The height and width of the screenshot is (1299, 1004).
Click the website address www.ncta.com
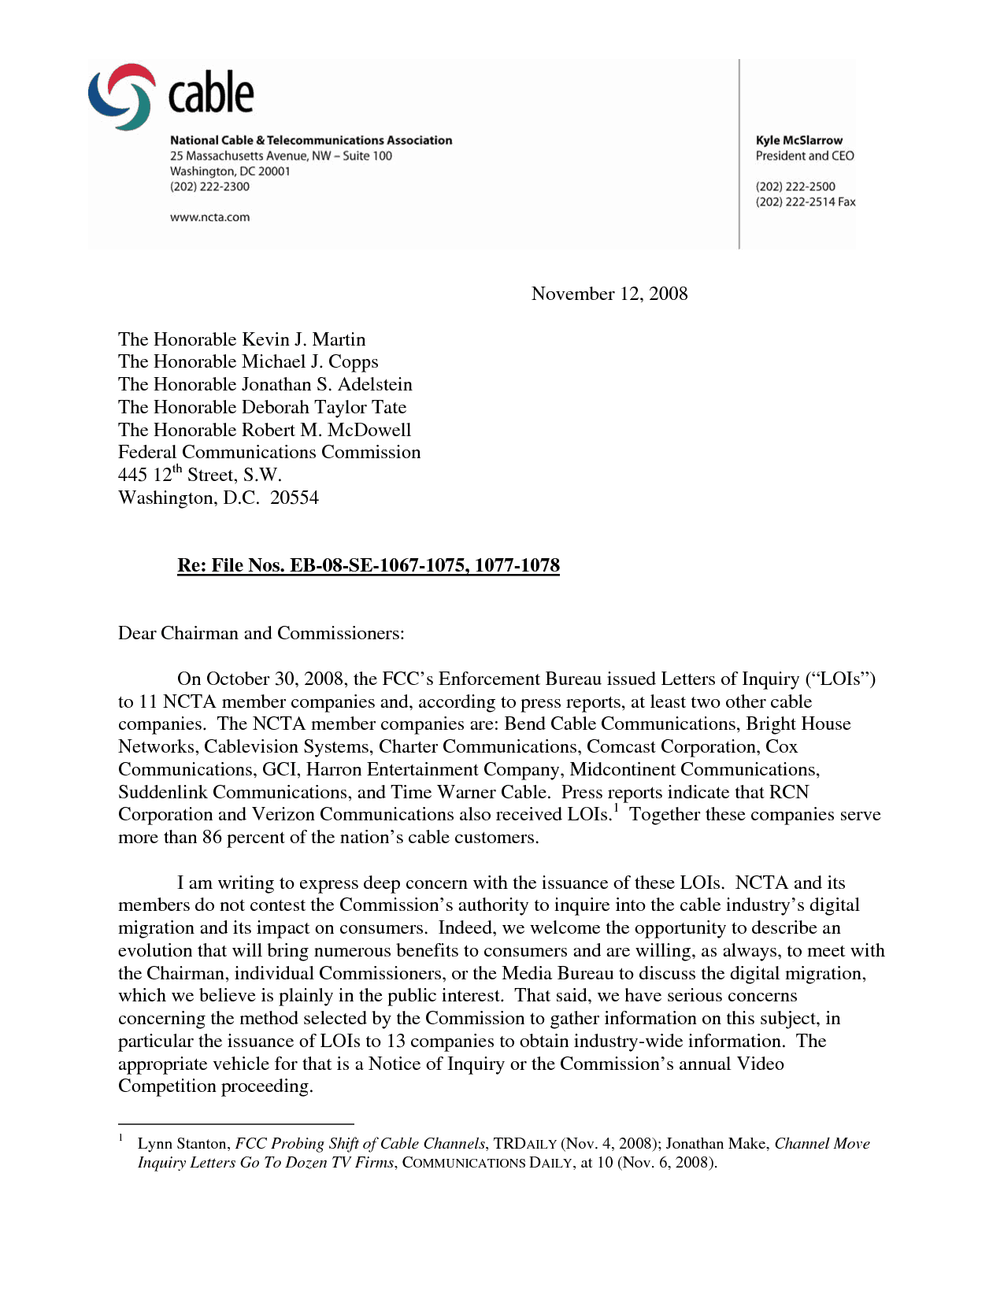click(209, 217)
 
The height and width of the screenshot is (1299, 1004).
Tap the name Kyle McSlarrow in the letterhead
click(798, 140)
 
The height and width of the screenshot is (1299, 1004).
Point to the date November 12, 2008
click(609, 294)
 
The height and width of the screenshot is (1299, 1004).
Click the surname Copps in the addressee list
click(354, 361)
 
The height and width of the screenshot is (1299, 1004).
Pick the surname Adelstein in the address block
click(375, 384)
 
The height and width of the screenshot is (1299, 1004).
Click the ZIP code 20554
click(295, 498)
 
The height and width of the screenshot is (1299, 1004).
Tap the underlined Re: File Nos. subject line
click(369, 565)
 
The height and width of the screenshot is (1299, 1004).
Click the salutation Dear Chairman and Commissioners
click(261, 633)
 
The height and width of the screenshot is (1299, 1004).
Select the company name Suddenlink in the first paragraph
click(162, 792)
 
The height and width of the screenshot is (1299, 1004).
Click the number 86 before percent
click(212, 838)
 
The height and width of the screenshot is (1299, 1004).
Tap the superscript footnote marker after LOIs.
click(616, 808)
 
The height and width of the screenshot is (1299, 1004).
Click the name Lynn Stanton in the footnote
click(183, 1144)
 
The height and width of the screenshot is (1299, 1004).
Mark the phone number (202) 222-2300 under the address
click(209, 187)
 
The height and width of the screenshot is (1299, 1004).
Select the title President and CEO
click(805, 156)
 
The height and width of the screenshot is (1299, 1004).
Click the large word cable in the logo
click(211, 94)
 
